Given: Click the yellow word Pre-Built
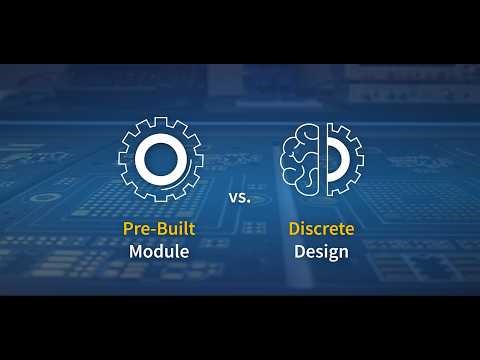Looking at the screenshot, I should [x=158, y=228].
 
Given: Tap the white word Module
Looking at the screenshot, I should [x=158, y=251].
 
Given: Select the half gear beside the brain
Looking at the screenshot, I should [x=343, y=158].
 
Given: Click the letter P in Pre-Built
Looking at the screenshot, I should [x=128, y=228].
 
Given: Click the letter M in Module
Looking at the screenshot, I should [x=136, y=251].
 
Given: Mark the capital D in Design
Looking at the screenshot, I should [x=299, y=251].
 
